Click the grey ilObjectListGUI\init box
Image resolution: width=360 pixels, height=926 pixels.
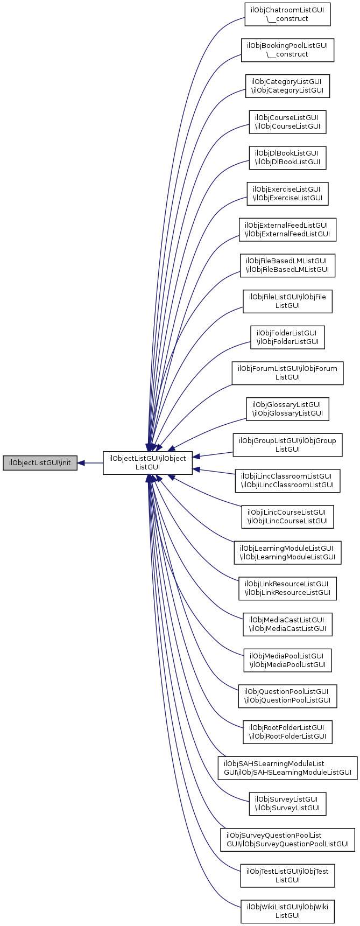(40, 463)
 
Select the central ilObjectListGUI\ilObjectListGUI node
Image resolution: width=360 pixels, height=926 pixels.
(147, 463)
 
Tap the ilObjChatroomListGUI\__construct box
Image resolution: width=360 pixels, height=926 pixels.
(287, 15)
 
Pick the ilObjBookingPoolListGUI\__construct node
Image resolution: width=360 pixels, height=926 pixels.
(287, 50)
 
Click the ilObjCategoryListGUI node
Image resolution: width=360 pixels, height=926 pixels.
(287, 86)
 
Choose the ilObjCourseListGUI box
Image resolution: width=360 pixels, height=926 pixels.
(287, 122)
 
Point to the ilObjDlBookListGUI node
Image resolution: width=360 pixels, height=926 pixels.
(287, 158)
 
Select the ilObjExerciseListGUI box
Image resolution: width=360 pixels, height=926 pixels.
(287, 193)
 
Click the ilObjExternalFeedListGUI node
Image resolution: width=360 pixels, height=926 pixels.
(287, 229)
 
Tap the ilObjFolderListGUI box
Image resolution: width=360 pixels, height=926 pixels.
(287, 337)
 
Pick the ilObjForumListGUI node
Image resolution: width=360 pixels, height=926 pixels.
(287, 373)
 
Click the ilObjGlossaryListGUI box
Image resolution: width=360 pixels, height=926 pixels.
(287, 409)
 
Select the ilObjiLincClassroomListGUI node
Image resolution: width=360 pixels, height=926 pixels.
(287, 480)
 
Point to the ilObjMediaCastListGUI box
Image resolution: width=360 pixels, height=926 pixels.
(287, 623)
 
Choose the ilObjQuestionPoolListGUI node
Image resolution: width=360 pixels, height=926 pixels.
(287, 695)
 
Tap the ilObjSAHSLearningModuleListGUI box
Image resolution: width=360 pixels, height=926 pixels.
(287, 767)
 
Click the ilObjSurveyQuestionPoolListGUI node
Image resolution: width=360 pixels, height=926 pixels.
(287, 838)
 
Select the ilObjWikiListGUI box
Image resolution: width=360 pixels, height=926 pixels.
(287, 910)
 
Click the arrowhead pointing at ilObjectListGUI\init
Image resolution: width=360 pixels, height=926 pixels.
(82, 463)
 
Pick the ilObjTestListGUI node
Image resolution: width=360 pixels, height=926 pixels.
(287, 874)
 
